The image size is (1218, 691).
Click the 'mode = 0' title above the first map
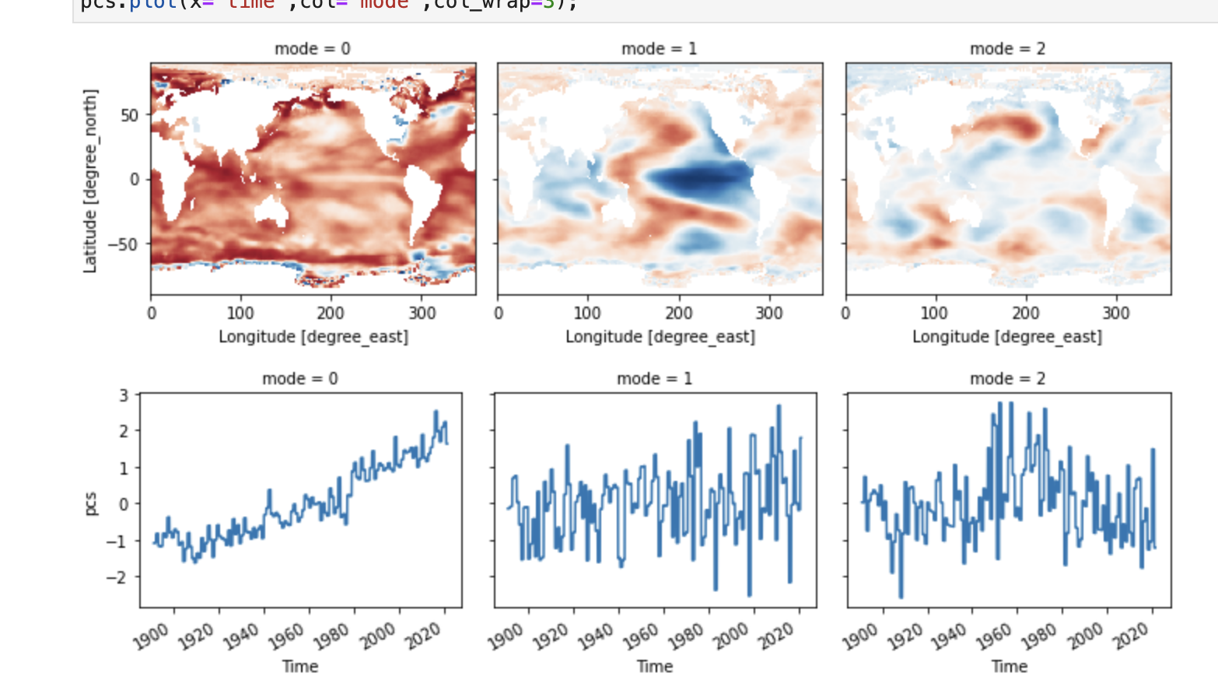(312, 49)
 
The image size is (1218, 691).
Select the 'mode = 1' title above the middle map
(659, 49)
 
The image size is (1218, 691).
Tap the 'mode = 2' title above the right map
(1007, 49)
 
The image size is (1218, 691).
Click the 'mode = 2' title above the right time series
(1007, 379)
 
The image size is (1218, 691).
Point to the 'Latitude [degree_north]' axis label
(90, 181)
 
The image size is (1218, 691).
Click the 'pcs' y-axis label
(90, 503)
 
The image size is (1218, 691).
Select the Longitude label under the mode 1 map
(660, 337)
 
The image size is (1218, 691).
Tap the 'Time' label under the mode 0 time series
(300, 667)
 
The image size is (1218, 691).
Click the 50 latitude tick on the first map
(129, 115)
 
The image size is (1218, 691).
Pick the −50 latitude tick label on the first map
(123, 244)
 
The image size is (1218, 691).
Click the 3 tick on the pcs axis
(124, 395)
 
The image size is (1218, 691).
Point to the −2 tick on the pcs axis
(117, 577)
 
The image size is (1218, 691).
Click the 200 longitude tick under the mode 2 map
(1025, 313)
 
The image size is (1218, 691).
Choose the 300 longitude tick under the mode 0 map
(422, 313)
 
